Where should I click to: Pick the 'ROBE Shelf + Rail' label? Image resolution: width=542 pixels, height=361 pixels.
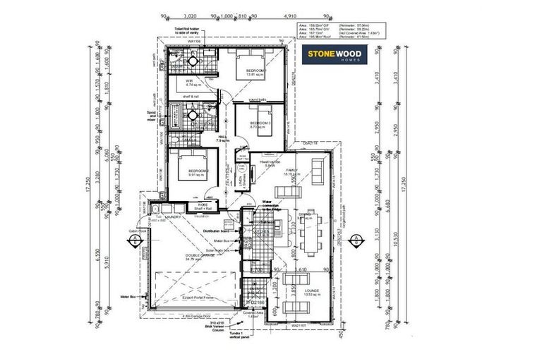(x=192, y=207)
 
